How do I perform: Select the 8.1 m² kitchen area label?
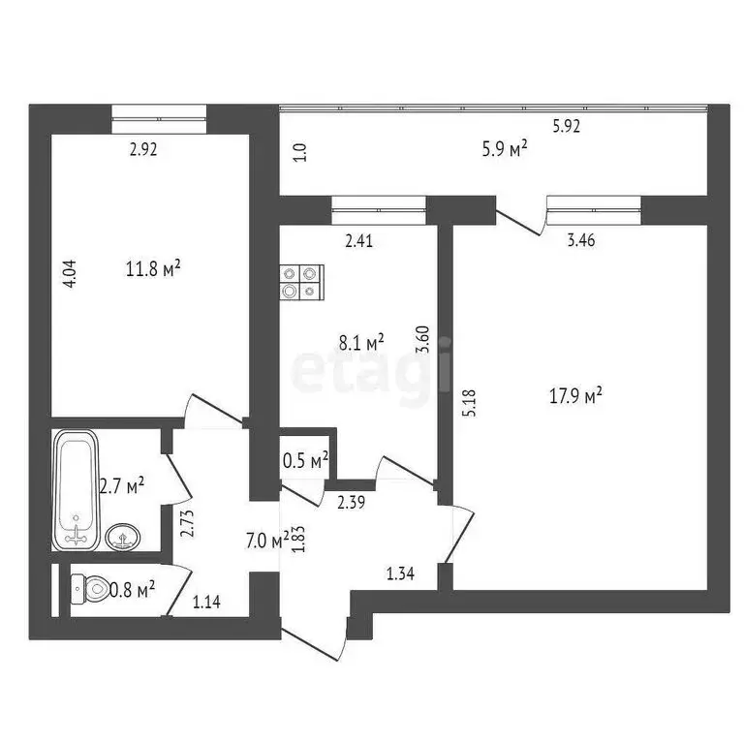tap(361, 341)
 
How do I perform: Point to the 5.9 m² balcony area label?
tap(504, 148)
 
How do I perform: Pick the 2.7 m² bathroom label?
tap(122, 484)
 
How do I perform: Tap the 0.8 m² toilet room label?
tap(132, 587)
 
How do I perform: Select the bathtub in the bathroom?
tap(75, 488)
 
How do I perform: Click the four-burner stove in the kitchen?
tap(300, 281)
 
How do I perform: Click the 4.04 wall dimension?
tap(68, 274)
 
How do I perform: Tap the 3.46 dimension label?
tap(581, 241)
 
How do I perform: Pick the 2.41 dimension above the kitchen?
tap(358, 241)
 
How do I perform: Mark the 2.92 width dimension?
tap(143, 149)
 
